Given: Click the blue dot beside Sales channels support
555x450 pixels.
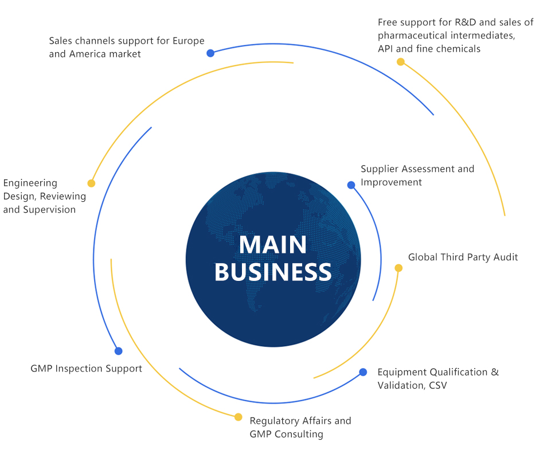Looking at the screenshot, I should pyautogui.click(x=210, y=53).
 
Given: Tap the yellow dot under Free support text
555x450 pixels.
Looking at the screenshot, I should pyautogui.click(x=401, y=62).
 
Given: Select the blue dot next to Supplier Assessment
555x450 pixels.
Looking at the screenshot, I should pyautogui.click(x=351, y=185).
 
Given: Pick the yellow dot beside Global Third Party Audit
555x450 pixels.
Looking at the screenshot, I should pyautogui.click(x=399, y=268).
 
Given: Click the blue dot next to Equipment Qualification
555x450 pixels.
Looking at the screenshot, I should pyautogui.click(x=363, y=372).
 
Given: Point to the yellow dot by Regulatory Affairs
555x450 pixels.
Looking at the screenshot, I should pyautogui.click(x=239, y=417).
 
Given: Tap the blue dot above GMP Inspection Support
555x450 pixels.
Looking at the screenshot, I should pyautogui.click(x=119, y=351).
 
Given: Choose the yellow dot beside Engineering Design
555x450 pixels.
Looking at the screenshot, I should pyautogui.click(x=91, y=183).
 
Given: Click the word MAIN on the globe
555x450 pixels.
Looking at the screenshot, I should pyautogui.click(x=273, y=245).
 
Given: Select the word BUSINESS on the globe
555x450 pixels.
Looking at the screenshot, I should pyautogui.click(x=273, y=272).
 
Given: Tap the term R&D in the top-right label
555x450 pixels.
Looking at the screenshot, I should pyautogui.click(x=462, y=22).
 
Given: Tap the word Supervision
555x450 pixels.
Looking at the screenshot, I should pyautogui.click(x=49, y=210).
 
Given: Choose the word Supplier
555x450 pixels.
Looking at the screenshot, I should pyautogui.click(x=380, y=169).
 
